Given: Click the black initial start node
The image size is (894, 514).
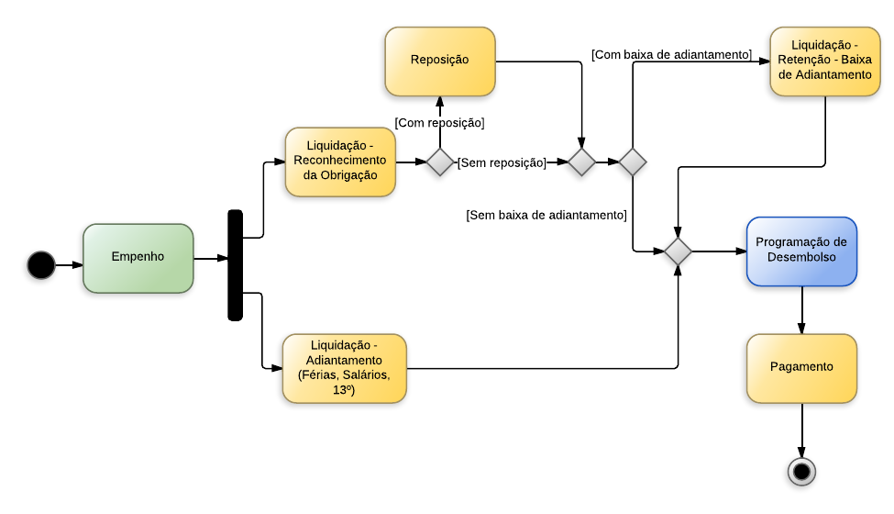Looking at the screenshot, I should pyautogui.click(x=40, y=265).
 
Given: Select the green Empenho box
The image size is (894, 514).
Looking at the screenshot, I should pyautogui.click(x=138, y=258).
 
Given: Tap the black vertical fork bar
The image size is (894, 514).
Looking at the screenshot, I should pyautogui.click(x=236, y=265).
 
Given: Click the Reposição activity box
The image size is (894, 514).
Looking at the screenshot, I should pyautogui.click(x=440, y=61).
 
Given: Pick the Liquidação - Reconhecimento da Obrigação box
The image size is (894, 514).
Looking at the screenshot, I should pyautogui.click(x=340, y=162).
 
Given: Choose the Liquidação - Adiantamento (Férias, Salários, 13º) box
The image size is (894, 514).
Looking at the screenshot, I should pyautogui.click(x=344, y=368).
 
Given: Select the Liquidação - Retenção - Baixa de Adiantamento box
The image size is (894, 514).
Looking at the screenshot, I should pyautogui.click(x=824, y=61).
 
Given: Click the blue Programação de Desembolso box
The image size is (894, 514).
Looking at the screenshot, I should pyautogui.click(x=801, y=251).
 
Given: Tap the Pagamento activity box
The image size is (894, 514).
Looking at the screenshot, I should pyautogui.click(x=801, y=367).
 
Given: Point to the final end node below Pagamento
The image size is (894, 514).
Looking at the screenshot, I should pyautogui.click(x=801, y=471).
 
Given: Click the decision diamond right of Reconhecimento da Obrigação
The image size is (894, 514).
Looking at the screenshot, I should pyautogui.click(x=440, y=162).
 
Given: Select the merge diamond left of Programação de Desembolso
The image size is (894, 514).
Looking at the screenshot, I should pyautogui.click(x=678, y=251).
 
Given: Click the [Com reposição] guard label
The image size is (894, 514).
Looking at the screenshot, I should pyautogui.click(x=440, y=122).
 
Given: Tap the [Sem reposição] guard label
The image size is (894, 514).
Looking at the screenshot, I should pyautogui.click(x=502, y=162).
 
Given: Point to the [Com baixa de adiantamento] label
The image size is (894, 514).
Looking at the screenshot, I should pyautogui.click(x=671, y=55).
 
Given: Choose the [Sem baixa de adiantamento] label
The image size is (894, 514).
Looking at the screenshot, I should pyautogui.click(x=546, y=215).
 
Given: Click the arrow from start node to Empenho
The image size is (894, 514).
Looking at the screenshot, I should pyautogui.click(x=69, y=265).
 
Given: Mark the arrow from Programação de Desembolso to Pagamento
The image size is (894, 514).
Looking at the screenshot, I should pyautogui.click(x=801, y=309).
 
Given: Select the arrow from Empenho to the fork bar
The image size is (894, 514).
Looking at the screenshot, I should pyautogui.click(x=211, y=259).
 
